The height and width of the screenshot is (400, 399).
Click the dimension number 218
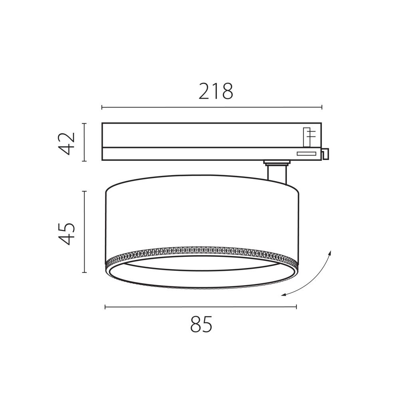pyautogui.click(x=216, y=92)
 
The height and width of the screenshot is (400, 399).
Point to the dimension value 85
pyautogui.click(x=201, y=324)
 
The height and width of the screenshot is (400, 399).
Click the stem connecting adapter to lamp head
pyautogui.click(x=276, y=174)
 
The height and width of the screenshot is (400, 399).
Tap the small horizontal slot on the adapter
pyautogui.click(x=306, y=154)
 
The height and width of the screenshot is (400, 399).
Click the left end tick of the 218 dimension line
pyautogui.click(x=102, y=107)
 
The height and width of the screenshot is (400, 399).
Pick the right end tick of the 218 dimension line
pyautogui.click(x=322, y=107)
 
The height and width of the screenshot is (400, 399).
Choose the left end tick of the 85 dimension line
pyautogui.click(x=105, y=307)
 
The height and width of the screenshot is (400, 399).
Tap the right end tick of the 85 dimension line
pyautogui.click(x=296, y=307)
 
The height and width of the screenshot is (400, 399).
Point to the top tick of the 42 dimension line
pyautogui.click(x=84, y=123)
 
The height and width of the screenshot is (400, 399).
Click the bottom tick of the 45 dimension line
pyautogui.click(x=84, y=272)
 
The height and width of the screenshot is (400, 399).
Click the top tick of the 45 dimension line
pyautogui.click(x=84, y=192)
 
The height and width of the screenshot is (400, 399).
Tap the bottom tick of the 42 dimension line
pyautogui.click(x=84, y=161)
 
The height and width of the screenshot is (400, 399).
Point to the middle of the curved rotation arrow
pyautogui.click(x=314, y=280)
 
